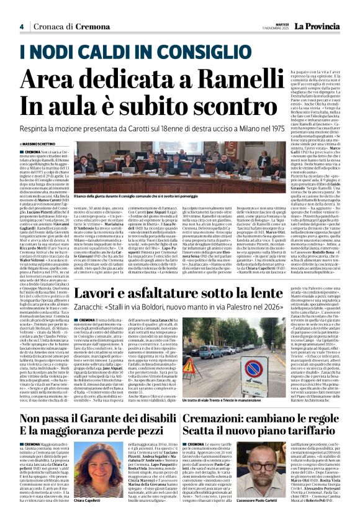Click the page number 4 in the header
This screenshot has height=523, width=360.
pos(21,26)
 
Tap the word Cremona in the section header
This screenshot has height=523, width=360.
pos(74,26)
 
